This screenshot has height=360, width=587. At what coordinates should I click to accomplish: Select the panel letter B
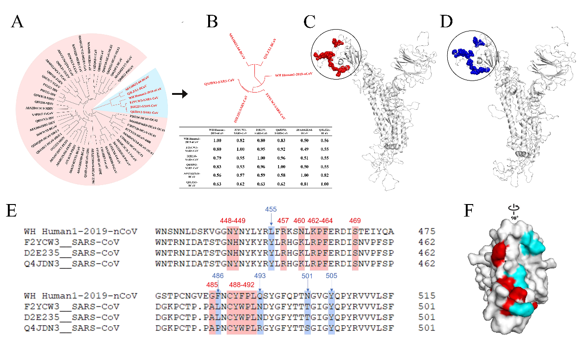(212, 21)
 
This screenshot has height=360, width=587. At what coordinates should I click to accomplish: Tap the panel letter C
(310, 21)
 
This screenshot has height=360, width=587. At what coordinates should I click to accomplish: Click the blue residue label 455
(271, 209)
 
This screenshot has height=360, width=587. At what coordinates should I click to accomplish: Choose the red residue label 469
(355, 221)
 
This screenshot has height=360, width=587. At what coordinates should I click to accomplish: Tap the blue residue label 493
(261, 275)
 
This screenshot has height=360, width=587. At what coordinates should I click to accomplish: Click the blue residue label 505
(332, 275)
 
